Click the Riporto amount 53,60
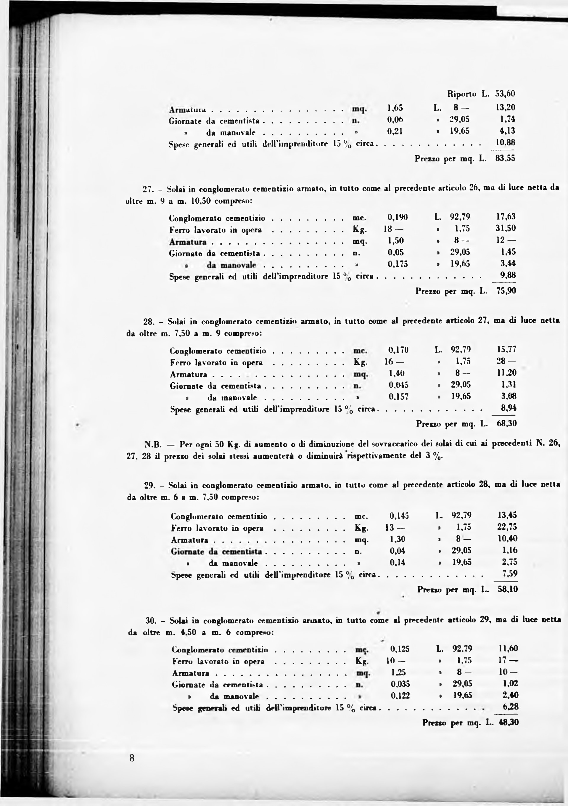[505, 94]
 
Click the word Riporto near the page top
[462, 94]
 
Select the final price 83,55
[505, 159]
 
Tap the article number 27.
[147, 190]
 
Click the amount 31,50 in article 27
[506, 229]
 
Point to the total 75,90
[506, 291]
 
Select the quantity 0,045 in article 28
[399, 385]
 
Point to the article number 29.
[149, 486]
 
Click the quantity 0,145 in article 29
[399, 516]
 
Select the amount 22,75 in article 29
[507, 527]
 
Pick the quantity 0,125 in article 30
[400, 649]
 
